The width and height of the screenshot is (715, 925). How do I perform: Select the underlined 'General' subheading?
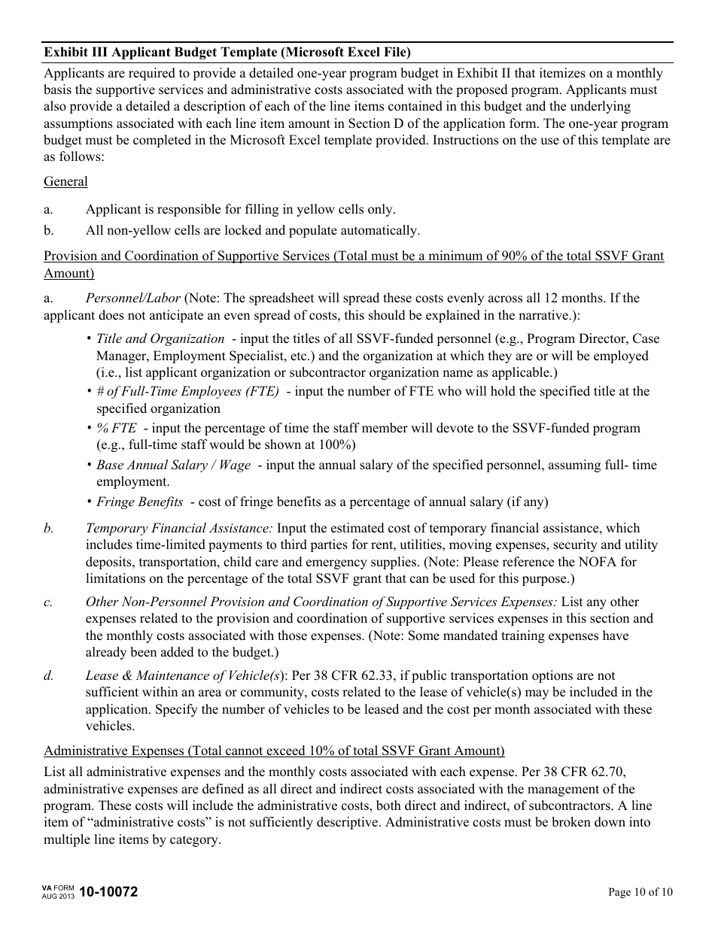pyautogui.click(x=65, y=181)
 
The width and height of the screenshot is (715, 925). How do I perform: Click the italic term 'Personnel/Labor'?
pyautogui.click(x=132, y=298)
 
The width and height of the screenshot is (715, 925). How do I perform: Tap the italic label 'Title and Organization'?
pyautogui.click(x=160, y=339)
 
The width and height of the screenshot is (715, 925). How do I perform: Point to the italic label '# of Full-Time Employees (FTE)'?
pyautogui.click(x=187, y=391)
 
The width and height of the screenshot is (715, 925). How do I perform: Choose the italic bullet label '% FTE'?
pyautogui.click(x=116, y=428)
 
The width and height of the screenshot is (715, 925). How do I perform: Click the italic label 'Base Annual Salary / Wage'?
pyautogui.click(x=173, y=465)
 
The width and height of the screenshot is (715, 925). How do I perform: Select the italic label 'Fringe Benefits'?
pyautogui.click(x=139, y=502)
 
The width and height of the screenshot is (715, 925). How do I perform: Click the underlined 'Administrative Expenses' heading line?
pyautogui.click(x=274, y=751)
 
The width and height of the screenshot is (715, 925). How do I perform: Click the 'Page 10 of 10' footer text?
pyautogui.click(x=640, y=893)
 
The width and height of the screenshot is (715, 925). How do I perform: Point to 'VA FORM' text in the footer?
pyautogui.click(x=59, y=888)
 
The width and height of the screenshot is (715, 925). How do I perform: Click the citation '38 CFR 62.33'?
pyautogui.click(x=344, y=676)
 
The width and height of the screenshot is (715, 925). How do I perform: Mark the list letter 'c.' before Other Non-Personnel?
pyautogui.click(x=49, y=602)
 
